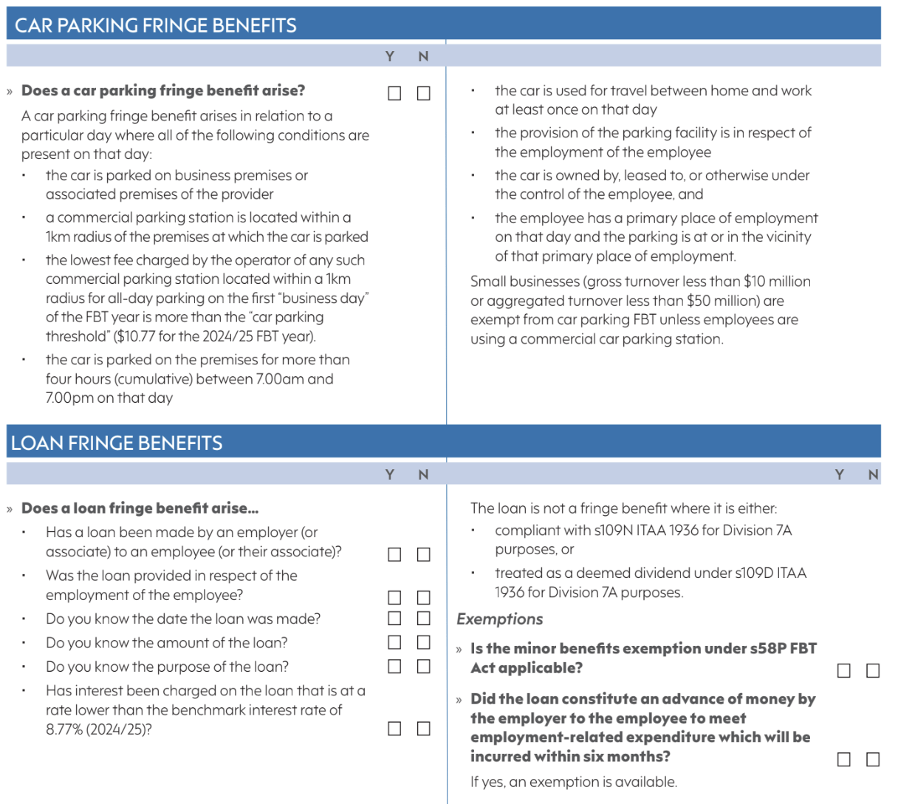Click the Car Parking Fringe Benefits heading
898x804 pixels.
156,25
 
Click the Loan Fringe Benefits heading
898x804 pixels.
117,443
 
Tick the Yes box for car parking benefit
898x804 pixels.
394,93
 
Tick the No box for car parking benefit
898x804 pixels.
423,93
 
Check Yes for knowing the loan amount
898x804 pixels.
394,642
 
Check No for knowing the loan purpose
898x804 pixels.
423,666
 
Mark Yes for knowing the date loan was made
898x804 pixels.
394,618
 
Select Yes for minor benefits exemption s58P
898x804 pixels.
843,670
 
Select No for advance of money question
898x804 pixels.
873,759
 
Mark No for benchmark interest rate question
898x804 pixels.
423,729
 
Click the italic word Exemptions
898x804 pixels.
500,619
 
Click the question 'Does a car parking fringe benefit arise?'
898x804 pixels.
162,91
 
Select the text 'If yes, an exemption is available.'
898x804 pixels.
573,782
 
